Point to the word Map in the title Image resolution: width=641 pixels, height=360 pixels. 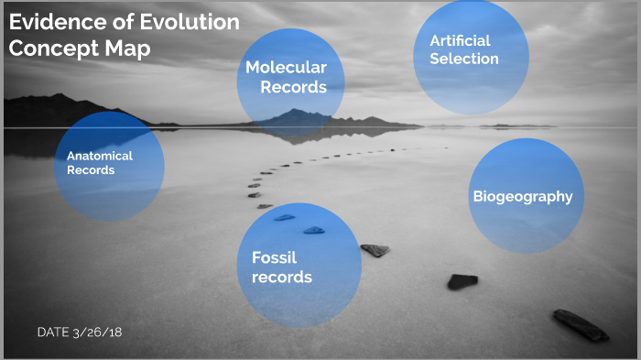coord(126,49)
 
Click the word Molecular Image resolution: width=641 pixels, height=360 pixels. coord(286,68)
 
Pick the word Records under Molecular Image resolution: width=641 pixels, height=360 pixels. coord(293,88)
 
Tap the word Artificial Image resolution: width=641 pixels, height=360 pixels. coord(461,40)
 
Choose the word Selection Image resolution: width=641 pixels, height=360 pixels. coord(464,59)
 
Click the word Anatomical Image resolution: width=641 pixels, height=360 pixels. coord(100,156)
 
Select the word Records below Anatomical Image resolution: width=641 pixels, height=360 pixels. coord(91,170)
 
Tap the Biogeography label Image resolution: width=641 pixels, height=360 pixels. coord(522,196)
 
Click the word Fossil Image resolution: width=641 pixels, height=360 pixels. coord(274,257)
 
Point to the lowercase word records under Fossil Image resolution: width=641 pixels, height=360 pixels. coord(282,278)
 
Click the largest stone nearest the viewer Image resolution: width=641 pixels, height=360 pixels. coord(580,325)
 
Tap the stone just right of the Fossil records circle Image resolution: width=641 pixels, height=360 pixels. coord(375,250)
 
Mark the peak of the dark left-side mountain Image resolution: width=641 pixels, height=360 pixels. coord(59,96)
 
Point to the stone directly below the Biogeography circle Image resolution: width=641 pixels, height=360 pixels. coord(462,281)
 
